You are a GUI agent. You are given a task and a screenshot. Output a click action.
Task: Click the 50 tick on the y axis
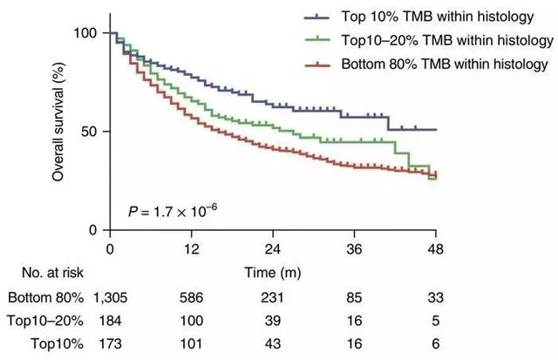tap(92, 132)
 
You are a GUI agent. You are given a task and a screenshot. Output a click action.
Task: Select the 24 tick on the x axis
tap(272, 248)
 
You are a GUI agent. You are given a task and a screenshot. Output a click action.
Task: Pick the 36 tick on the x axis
tap(353, 248)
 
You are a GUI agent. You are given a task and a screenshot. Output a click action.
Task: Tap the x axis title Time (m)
tap(272, 273)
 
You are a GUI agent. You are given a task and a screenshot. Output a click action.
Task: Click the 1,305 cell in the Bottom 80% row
tap(110, 297)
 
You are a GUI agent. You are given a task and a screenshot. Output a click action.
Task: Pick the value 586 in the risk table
tap(190, 297)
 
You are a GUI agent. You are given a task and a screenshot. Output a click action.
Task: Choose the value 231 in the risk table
tap(272, 297)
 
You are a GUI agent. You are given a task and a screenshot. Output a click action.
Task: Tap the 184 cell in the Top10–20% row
tap(110, 320)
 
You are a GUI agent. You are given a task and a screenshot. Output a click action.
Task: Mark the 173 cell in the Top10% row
tap(110, 343)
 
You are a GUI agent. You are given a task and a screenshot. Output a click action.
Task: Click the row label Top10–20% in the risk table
tap(40, 320)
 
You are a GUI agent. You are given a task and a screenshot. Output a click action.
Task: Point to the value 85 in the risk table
tap(353, 297)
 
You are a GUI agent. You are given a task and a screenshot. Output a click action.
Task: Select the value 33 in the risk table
tap(434, 297)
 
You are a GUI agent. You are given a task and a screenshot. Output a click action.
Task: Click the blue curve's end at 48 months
tap(434, 129)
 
